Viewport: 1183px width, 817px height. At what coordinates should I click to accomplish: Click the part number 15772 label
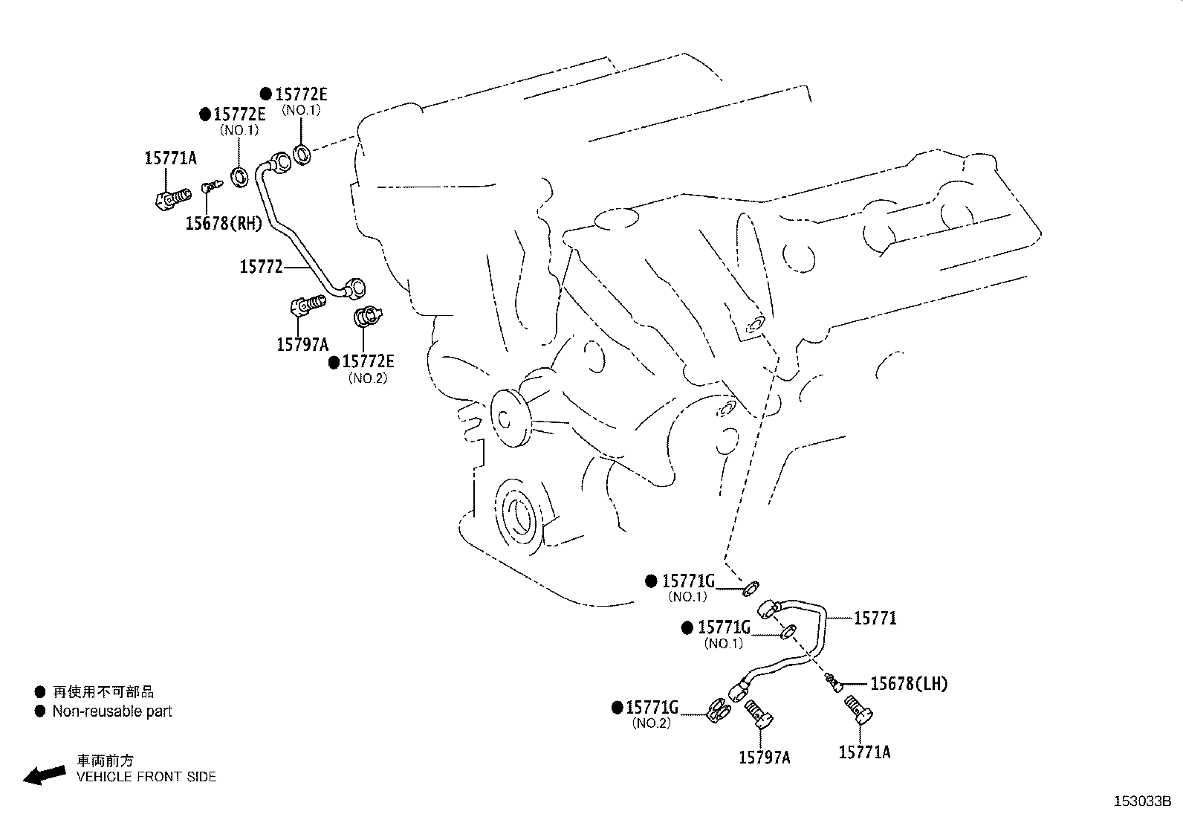coord(261,266)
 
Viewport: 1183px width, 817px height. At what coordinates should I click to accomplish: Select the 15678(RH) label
coord(223,223)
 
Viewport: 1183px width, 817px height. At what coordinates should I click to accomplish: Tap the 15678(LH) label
coord(909,683)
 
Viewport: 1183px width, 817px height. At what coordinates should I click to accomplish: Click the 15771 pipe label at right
coord(875,618)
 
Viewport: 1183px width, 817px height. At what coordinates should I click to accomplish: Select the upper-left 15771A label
coord(170,158)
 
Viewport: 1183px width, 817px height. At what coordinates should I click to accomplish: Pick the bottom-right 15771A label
coord(864,752)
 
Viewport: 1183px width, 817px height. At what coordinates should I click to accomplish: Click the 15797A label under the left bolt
coord(302,344)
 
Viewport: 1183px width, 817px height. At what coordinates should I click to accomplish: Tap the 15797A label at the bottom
coord(764,757)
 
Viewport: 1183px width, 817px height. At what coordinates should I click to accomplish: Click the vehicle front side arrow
coord(44,774)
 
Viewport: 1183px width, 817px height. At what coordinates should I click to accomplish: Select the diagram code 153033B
coord(1141,801)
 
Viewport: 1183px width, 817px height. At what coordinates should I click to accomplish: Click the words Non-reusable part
coord(111,711)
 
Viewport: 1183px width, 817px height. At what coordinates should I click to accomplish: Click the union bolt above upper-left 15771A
coord(172,198)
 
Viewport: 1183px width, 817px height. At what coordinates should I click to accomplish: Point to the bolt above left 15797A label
coord(306,304)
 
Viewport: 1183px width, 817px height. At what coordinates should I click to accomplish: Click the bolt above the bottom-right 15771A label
coord(860,711)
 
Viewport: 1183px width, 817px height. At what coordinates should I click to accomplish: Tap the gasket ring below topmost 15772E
coord(302,155)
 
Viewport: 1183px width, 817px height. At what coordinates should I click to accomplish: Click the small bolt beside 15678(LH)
coord(832,679)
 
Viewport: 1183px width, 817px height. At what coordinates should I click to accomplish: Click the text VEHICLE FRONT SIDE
coord(146,777)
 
